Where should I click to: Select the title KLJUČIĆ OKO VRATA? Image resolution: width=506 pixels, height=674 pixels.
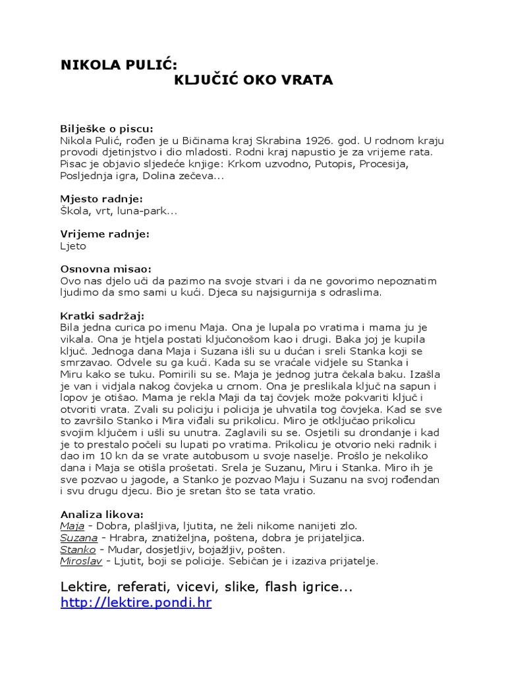(x=254, y=80)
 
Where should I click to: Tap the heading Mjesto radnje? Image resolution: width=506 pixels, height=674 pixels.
(x=101, y=199)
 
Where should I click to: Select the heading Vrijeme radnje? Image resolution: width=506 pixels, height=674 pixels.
(x=105, y=234)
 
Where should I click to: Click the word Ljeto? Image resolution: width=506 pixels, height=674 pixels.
(x=73, y=246)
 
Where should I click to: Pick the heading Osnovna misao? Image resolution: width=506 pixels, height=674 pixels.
(x=105, y=269)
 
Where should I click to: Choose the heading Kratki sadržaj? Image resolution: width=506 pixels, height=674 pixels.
(x=102, y=315)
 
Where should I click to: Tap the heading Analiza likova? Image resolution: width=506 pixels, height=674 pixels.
(x=102, y=513)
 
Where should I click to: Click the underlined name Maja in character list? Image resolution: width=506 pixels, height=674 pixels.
(x=72, y=525)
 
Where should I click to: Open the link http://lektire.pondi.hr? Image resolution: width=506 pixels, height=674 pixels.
(x=136, y=602)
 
